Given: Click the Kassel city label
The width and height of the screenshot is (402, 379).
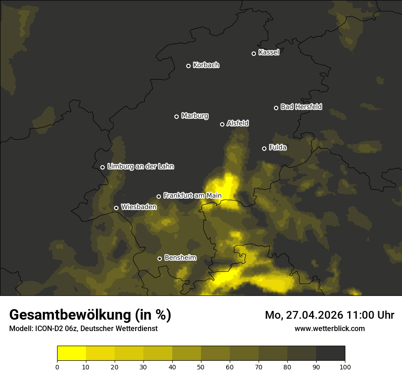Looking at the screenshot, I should click(269, 52).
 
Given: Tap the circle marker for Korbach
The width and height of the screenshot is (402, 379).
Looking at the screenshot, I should click(188, 66).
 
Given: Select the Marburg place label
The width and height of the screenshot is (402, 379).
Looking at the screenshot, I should click(195, 116).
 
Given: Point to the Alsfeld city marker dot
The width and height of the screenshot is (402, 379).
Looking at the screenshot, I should click(222, 124).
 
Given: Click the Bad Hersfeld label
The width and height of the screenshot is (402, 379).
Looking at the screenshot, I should click(301, 107).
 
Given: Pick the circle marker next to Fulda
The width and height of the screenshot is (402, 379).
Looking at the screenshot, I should click(264, 148).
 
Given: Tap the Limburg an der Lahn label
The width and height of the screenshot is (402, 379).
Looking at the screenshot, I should click(140, 166).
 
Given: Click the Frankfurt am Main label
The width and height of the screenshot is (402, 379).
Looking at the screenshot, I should click(192, 195).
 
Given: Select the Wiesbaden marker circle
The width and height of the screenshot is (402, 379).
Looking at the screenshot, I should click(116, 208).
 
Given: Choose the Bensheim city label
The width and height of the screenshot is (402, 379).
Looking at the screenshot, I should click(180, 258).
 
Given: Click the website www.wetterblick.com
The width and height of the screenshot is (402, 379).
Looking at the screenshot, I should click(329, 328).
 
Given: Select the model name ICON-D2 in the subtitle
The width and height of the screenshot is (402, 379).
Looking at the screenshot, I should click(46, 329).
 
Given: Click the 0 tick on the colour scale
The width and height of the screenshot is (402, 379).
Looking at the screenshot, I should click(57, 366).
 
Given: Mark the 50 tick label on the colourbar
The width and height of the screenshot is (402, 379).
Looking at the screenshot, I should click(201, 366).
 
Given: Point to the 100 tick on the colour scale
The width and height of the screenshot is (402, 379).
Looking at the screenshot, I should click(345, 366).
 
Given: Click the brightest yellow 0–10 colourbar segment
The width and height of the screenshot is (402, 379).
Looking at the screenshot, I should click(71, 353).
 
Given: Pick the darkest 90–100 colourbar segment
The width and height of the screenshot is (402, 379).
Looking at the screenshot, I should click(330, 353).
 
